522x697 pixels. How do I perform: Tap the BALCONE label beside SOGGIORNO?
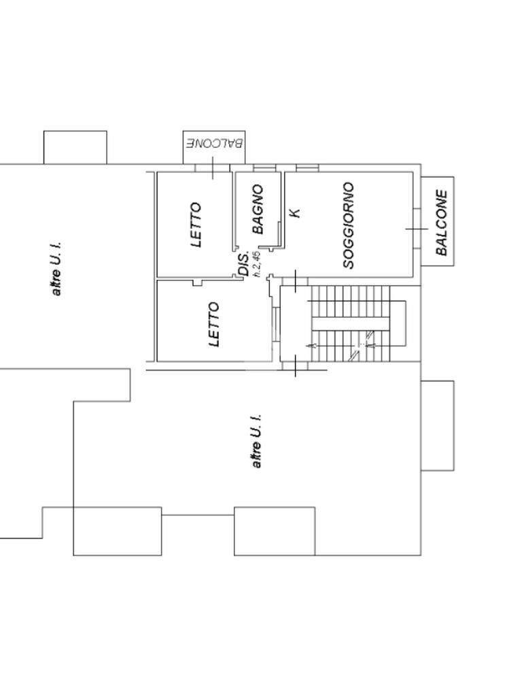[x=442, y=222]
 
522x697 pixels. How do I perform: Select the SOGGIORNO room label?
[x=349, y=225]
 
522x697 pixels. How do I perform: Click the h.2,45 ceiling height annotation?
[x=256, y=264]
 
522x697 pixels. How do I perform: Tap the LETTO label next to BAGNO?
[x=196, y=224]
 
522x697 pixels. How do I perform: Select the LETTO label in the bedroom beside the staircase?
[x=214, y=324]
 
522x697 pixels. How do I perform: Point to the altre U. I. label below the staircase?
[x=256, y=441]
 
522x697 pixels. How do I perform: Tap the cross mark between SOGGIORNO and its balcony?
[x=417, y=229]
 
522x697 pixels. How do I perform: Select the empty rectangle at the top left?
[x=75, y=147]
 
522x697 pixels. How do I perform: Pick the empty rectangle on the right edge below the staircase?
[x=437, y=425]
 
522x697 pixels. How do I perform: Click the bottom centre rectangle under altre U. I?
[x=275, y=531]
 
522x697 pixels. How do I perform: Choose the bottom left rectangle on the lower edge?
[x=117, y=531]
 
